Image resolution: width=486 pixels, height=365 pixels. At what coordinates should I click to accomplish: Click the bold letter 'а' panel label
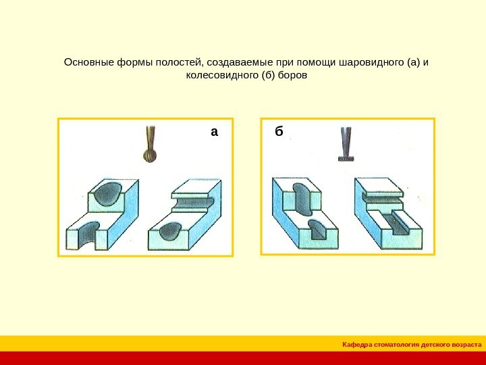215,132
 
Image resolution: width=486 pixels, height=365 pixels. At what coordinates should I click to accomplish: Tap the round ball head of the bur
150,156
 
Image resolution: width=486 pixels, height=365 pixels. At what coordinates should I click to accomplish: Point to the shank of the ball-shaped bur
150,137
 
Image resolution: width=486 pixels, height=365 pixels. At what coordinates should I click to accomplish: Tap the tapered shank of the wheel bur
346,140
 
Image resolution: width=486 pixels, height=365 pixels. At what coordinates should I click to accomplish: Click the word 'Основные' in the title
86,63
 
